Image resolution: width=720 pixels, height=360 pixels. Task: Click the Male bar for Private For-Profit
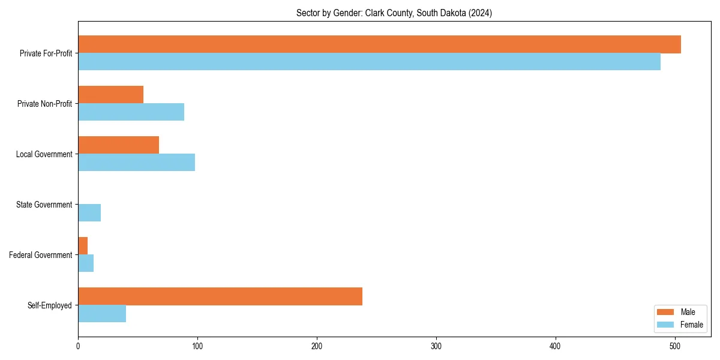pyautogui.click(x=379, y=44)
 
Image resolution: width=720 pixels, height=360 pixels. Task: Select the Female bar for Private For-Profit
pyautogui.click(x=369, y=62)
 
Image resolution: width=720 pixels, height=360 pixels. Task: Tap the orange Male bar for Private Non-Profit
pyautogui.click(x=110, y=95)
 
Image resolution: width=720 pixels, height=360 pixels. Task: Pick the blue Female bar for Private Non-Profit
pyautogui.click(x=131, y=112)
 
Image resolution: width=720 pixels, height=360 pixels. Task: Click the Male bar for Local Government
pyautogui.click(x=118, y=145)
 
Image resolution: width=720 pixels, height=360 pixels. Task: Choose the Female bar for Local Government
pyautogui.click(x=136, y=163)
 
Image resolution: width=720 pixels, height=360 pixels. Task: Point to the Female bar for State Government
pyautogui.click(x=89, y=213)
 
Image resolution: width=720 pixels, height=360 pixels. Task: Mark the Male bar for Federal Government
pyautogui.click(x=83, y=246)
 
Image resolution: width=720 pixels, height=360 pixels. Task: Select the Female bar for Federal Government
pyautogui.click(x=86, y=263)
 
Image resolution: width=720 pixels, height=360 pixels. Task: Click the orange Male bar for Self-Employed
pyautogui.click(x=220, y=296)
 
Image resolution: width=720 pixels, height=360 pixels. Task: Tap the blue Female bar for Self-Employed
pyautogui.click(x=102, y=314)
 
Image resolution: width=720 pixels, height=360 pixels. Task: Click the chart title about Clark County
pyautogui.click(x=394, y=13)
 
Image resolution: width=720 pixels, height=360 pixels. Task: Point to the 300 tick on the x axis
pyautogui.click(x=436, y=346)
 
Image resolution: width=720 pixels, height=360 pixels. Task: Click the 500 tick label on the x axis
pyautogui.click(x=675, y=346)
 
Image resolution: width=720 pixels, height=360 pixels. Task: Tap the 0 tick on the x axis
pyautogui.click(x=78, y=346)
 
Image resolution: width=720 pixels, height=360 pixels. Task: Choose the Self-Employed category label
pyautogui.click(x=50, y=305)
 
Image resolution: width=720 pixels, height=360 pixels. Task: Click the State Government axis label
pyautogui.click(x=44, y=205)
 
